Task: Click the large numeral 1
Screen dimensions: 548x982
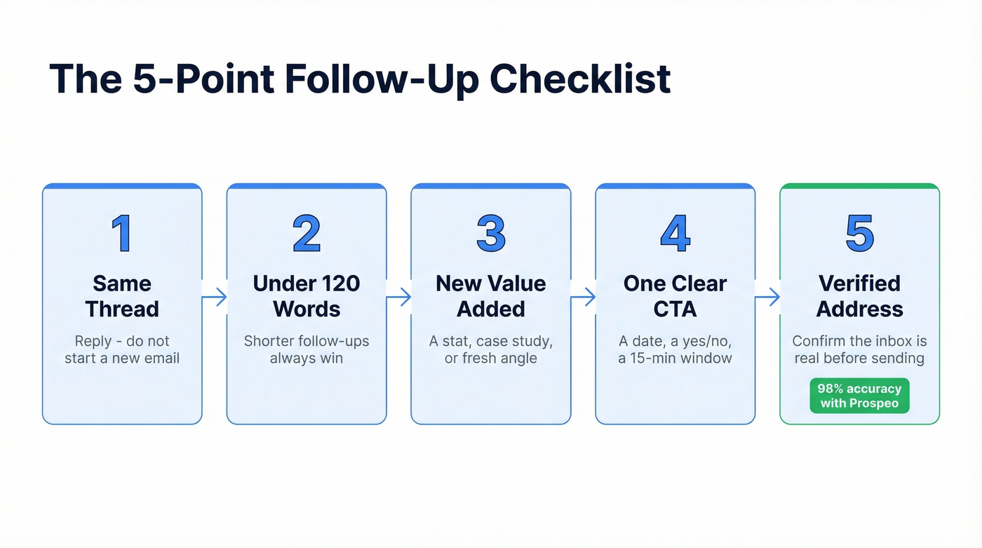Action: tap(122, 234)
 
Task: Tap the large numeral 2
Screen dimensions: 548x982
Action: tap(307, 234)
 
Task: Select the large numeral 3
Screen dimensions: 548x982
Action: tap(491, 234)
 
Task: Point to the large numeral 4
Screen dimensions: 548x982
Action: tap(675, 234)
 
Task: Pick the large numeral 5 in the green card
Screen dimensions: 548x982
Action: tap(860, 234)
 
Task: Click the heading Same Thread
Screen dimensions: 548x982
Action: tap(122, 296)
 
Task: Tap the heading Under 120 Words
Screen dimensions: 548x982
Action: tap(307, 296)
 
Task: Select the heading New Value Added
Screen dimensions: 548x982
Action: tap(491, 296)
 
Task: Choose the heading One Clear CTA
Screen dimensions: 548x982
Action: tap(675, 296)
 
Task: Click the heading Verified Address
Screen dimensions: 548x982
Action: tap(860, 296)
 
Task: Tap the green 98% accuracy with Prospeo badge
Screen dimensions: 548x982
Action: tap(859, 396)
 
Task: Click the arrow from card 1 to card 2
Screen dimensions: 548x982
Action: tap(215, 298)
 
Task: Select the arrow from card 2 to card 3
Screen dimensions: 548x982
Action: tap(399, 298)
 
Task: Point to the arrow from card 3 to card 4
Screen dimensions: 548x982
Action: tap(584, 298)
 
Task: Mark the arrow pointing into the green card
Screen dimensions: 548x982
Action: tap(768, 298)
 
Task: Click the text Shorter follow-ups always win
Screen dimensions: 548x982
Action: tap(307, 349)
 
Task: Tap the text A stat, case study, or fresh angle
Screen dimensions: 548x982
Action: tap(491, 349)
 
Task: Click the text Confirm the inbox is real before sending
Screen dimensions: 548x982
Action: tap(860, 349)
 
